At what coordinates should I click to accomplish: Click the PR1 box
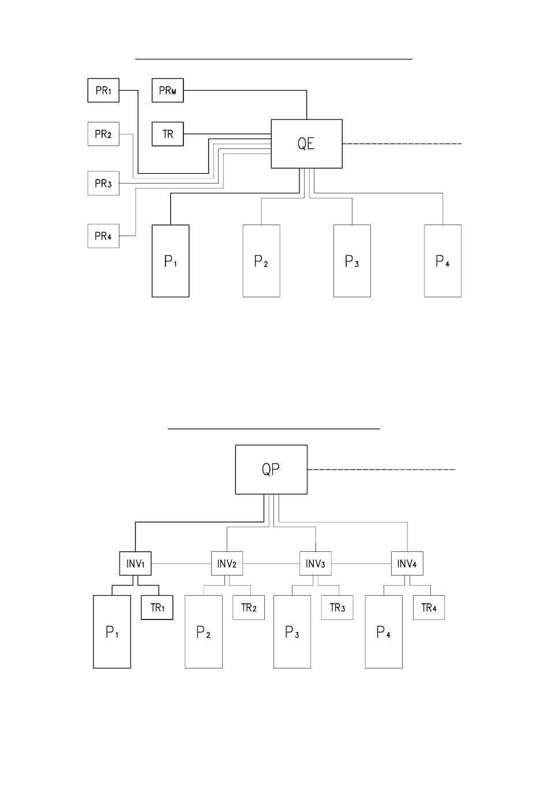103,90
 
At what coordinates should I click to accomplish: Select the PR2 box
103,134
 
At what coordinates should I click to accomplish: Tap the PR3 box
103,183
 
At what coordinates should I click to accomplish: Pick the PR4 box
103,236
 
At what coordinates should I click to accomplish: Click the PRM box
168,90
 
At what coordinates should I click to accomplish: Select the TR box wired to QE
168,134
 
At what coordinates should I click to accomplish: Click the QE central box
307,144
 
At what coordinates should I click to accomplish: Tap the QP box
271,469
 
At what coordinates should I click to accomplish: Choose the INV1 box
136,563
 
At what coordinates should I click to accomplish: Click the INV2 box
227,563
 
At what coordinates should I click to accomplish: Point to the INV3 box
316,563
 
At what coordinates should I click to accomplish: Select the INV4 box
407,563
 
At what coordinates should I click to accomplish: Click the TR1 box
157,608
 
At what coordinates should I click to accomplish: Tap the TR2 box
249,608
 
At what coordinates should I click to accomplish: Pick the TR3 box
337,608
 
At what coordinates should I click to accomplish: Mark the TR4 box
429,608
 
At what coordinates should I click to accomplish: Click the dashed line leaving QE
402,144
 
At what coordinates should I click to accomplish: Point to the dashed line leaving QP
381,469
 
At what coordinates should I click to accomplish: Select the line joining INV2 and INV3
271,563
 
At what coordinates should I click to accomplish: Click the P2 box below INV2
204,632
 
